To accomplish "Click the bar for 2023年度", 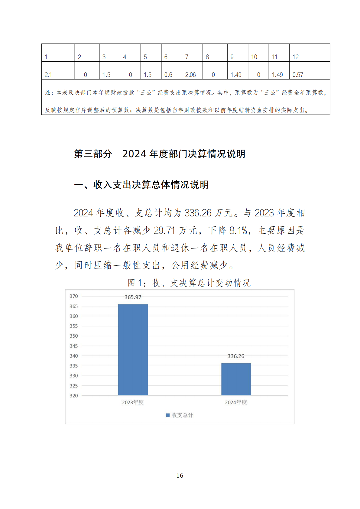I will tap(133, 349).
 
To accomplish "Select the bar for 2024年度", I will tap(236, 379).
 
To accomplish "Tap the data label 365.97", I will tap(133, 297).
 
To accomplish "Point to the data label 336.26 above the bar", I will tap(236, 356).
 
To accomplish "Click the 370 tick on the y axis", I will tap(74, 296).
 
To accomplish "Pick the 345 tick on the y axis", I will tap(74, 346).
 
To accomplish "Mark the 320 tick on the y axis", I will tap(74, 395).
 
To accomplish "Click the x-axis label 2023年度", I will tap(133, 402).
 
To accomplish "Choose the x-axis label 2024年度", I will tap(236, 402).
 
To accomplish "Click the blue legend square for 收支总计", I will tap(168, 415).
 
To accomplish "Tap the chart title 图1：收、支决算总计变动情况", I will tap(189, 283).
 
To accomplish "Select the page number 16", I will tap(180, 475).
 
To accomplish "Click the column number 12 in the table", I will tap(295, 57).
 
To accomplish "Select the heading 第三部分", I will tap(93, 154).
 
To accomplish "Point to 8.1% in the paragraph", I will tap(238, 231).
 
